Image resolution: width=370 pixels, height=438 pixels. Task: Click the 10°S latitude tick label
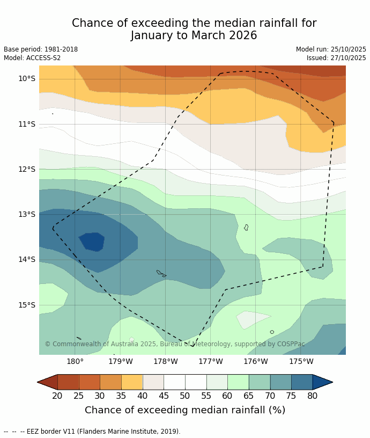pyautogui.click(x=26, y=78)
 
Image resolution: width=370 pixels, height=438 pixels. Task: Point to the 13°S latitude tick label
pyautogui.click(x=26, y=214)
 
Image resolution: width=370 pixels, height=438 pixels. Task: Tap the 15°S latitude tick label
pyautogui.click(x=26, y=305)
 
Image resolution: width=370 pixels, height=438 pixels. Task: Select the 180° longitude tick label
pyautogui.click(x=75, y=361)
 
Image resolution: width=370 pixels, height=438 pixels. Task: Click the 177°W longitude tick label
pyautogui.click(x=211, y=361)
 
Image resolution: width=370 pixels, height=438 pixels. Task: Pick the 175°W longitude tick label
pyautogui.click(x=301, y=361)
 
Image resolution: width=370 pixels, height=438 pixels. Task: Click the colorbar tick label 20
pyautogui.click(x=57, y=396)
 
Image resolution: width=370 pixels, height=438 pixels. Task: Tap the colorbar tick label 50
pyautogui.click(x=185, y=396)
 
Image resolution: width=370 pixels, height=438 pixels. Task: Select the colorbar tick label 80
pyautogui.click(x=313, y=396)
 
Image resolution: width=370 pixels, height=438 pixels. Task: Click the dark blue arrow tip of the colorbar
pyautogui.click(x=322, y=382)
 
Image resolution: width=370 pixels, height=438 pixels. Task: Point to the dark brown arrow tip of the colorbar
pyautogui.click(x=47, y=382)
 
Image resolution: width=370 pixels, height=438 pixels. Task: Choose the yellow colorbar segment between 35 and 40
pyautogui.click(x=132, y=382)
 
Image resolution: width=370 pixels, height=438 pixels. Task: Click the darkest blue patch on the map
pyautogui.click(x=92, y=241)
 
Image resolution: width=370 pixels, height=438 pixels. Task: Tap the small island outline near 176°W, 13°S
pyautogui.click(x=246, y=228)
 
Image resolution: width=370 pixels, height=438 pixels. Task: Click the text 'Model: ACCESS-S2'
pyautogui.click(x=32, y=58)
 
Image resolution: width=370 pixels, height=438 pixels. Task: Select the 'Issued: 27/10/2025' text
pyautogui.click(x=336, y=58)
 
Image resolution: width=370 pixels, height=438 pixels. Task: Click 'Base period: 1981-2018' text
pyautogui.click(x=41, y=49)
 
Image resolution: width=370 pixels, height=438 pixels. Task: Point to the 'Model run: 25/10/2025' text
pyautogui.click(x=331, y=49)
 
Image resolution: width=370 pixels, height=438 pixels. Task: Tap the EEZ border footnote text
pyautogui.click(x=92, y=432)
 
